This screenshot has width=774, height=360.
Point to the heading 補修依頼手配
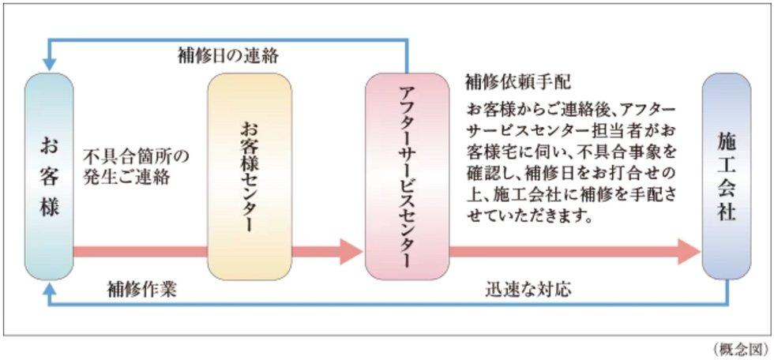(518, 81)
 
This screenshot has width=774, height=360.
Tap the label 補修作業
(141, 289)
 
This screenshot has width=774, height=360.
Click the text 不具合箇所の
(137, 155)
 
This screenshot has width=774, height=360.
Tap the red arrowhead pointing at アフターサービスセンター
(349, 252)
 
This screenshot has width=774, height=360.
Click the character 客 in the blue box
(48, 177)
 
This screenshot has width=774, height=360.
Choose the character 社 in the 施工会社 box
(726, 212)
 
